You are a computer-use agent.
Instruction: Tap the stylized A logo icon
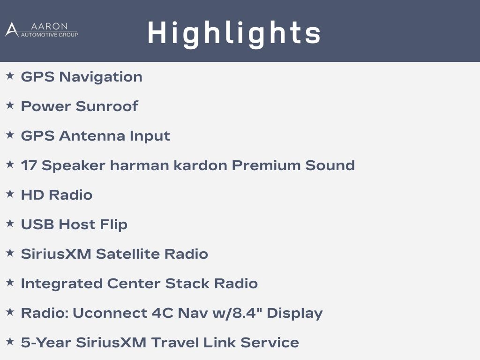point(12,30)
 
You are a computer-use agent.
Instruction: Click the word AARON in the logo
point(49,26)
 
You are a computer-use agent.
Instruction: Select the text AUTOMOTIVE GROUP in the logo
point(49,35)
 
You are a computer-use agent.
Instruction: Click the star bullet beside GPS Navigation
point(10,75)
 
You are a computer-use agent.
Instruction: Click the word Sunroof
point(107,106)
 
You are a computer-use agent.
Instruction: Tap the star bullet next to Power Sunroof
point(10,105)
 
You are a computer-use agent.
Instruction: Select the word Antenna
point(92,136)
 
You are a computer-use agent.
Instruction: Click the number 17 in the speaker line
point(29,165)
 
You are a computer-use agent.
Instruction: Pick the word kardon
point(200,165)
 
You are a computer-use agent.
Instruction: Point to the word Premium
point(266,165)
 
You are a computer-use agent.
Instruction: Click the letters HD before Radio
point(32,195)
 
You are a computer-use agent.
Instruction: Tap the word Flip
point(113,225)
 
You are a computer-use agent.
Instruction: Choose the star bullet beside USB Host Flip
point(10,223)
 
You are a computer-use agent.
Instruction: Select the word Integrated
point(61,284)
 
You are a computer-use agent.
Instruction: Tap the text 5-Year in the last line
point(46,343)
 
